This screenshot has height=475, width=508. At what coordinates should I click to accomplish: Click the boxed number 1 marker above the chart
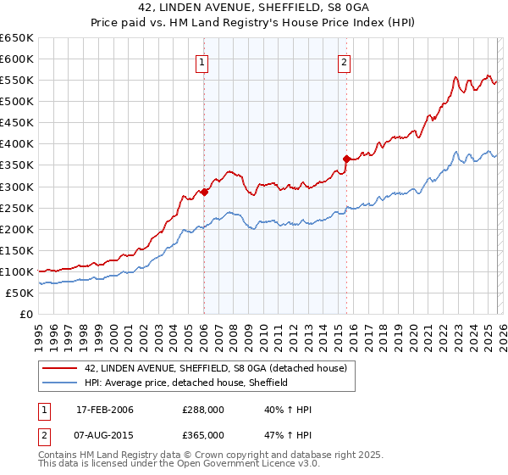[x=203, y=61]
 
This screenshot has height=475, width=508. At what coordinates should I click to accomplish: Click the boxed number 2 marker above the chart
[x=345, y=61]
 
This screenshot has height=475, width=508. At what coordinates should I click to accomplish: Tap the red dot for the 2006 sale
[x=205, y=192]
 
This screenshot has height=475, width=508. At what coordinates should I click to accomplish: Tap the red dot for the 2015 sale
[x=345, y=159]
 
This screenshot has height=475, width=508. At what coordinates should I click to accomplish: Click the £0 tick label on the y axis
[x=25, y=315]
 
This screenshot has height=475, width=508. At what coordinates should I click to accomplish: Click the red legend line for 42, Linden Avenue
[x=59, y=368]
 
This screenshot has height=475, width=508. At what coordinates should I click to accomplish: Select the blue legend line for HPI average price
[x=59, y=383]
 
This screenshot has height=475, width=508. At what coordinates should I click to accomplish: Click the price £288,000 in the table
[x=203, y=410]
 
